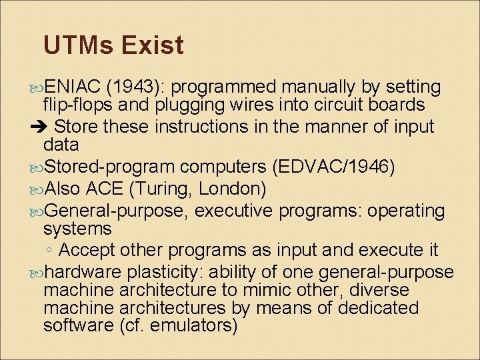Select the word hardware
(x=82, y=272)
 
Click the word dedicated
(x=378, y=308)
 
